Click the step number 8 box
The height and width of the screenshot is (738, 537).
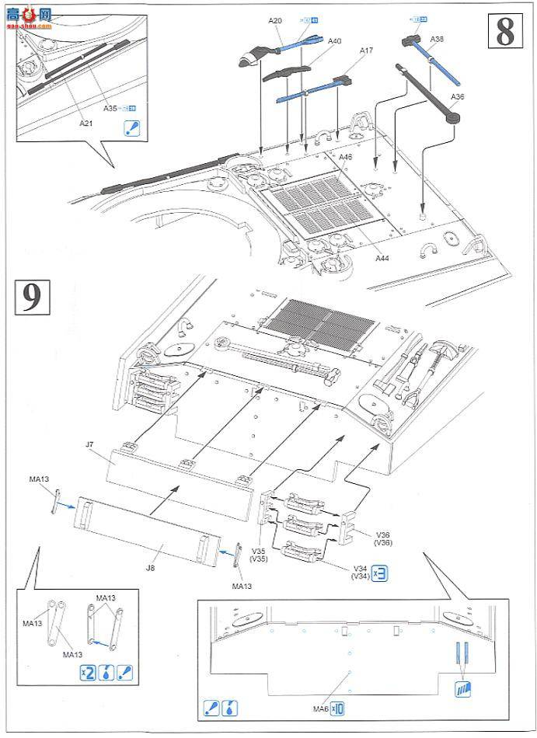click(504, 32)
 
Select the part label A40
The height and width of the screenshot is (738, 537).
click(334, 40)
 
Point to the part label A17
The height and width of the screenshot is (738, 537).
click(365, 50)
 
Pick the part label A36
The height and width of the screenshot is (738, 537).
click(457, 96)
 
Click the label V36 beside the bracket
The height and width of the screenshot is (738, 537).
click(382, 534)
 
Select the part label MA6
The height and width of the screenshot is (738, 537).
click(320, 708)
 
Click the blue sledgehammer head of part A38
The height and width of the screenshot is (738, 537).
click(410, 40)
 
